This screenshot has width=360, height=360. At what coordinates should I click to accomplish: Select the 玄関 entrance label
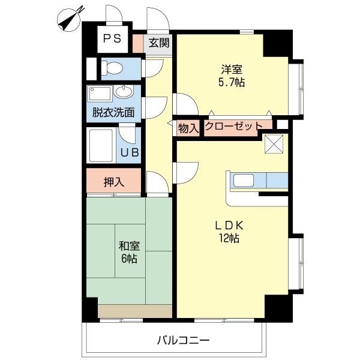click(x=158, y=43)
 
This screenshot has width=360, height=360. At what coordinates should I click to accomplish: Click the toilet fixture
click(x=115, y=68)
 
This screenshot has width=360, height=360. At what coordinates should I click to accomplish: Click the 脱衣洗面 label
click(x=113, y=112)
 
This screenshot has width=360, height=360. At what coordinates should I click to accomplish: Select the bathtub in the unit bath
click(x=101, y=145)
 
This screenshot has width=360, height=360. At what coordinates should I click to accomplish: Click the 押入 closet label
click(x=113, y=182)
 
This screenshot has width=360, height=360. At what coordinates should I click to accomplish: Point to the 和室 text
click(x=128, y=245)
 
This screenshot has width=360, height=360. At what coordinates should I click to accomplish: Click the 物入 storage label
click(x=188, y=127)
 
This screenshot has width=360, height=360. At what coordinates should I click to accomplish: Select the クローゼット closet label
click(x=234, y=127)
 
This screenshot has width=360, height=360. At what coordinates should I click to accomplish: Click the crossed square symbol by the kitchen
click(x=275, y=145)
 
